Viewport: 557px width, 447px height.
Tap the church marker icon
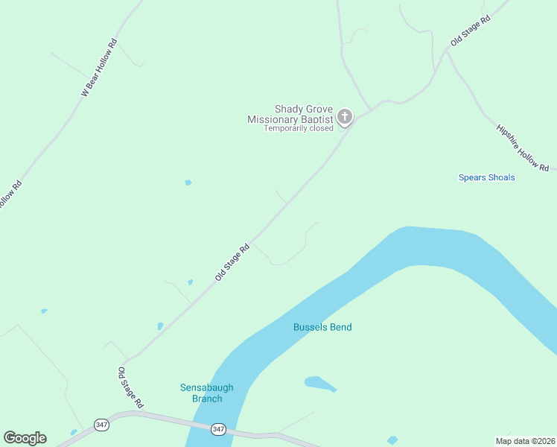[x=344, y=116]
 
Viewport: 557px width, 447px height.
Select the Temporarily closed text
[x=299, y=128]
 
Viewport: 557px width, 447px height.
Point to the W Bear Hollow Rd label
[x=99, y=68]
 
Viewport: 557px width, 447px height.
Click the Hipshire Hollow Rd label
[x=523, y=147]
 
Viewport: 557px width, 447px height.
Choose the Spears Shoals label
[x=486, y=177]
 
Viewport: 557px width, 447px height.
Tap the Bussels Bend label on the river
[x=322, y=327]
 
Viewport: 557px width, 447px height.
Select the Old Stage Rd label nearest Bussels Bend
[x=232, y=263]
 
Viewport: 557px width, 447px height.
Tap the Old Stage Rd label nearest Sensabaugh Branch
[x=130, y=387]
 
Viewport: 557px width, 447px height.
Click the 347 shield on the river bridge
[x=217, y=429]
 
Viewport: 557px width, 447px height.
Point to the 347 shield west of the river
[x=101, y=425]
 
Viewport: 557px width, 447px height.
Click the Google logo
[x=25, y=438]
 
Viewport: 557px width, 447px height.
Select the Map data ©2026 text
[x=525, y=440]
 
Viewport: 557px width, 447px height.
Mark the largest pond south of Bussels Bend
[x=319, y=384]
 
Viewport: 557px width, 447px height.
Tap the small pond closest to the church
[x=188, y=183]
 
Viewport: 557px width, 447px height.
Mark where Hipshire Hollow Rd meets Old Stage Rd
[x=447, y=50]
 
